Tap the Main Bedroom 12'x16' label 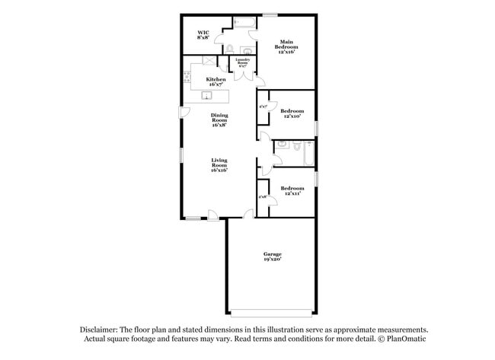(x=286, y=48)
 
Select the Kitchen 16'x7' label (x=216, y=82)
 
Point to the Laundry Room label (x=242, y=63)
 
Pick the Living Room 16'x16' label (x=219, y=165)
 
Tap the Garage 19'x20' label (x=273, y=256)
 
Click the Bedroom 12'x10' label (x=293, y=113)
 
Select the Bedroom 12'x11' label (x=292, y=191)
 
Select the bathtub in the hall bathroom (x=308, y=154)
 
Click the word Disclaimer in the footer (x=103, y=330)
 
